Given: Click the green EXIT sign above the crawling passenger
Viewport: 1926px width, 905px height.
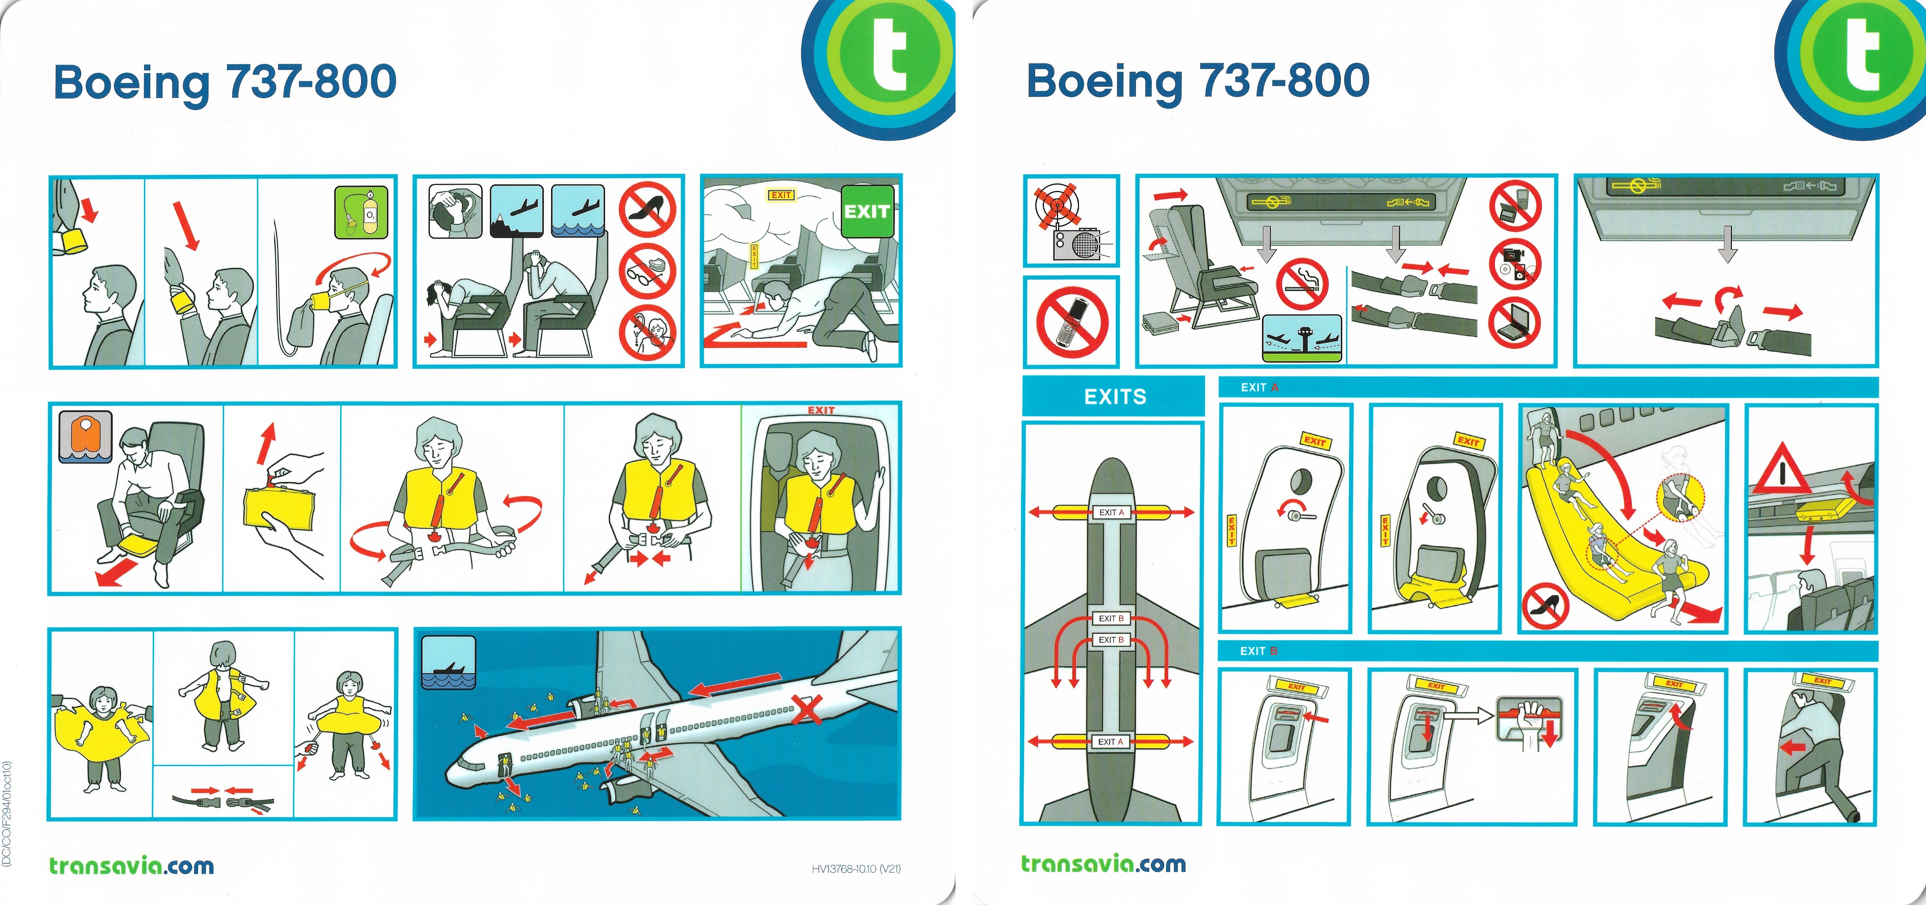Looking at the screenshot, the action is coord(867,212).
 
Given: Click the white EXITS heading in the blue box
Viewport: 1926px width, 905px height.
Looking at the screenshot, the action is coord(1115,397).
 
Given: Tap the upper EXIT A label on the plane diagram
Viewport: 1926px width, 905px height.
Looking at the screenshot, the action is coord(1111,513).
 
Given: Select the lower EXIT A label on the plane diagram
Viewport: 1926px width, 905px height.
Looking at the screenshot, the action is coord(1111,741).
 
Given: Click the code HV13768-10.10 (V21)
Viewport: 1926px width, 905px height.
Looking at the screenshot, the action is coord(856,868).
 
